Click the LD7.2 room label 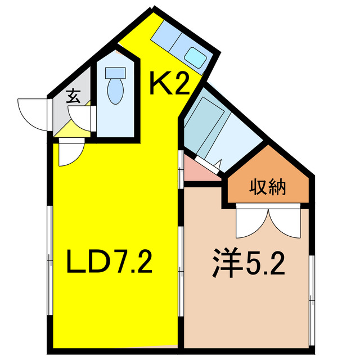110,262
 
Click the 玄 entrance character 73,96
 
